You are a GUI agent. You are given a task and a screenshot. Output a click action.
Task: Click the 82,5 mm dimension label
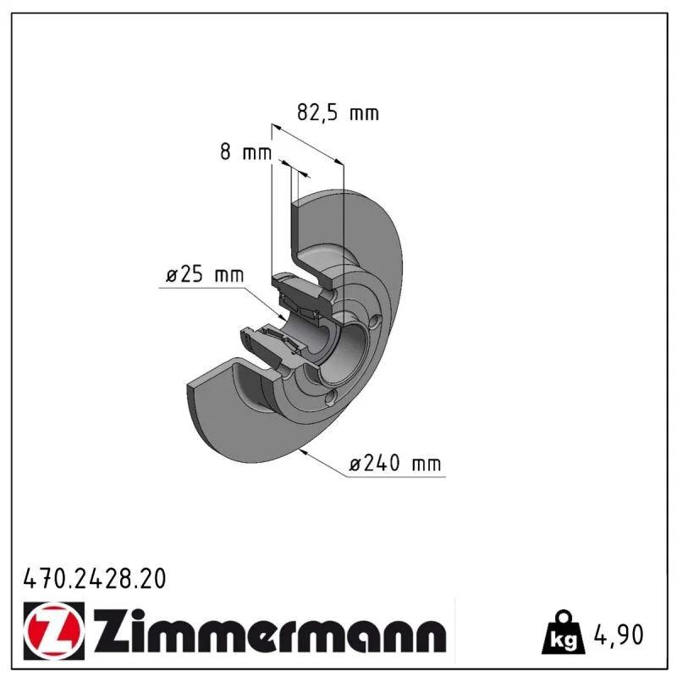click(x=338, y=113)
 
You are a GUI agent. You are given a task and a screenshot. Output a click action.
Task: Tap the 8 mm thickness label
click(x=245, y=152)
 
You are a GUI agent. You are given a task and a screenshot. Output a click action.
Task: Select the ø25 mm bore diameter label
click(x=205, y=274)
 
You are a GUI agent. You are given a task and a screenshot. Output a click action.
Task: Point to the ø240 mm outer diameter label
click(x=395, y=463)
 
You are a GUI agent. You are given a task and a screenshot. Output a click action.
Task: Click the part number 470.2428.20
click(x=95, y=579)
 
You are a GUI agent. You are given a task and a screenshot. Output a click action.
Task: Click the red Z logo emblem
click(x=54, y=630)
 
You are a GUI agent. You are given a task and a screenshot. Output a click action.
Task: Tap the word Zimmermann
click(x=270, y=630)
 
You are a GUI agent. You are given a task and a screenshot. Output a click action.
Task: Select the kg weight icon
click(x=564, y=631)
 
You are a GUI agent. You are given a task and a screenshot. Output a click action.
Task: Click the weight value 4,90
click(x=619, y=635)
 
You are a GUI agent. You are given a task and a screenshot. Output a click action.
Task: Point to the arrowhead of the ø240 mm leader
click(x=303, y=452)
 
